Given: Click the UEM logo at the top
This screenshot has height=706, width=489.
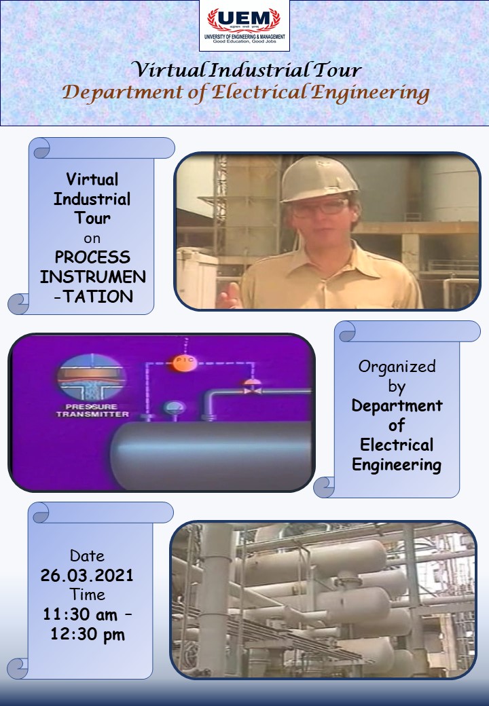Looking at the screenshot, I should point(244,25).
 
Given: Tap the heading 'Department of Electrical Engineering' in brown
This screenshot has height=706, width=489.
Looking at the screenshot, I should point(246,92).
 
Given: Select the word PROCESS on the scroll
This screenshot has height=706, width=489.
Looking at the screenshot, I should point(92,257).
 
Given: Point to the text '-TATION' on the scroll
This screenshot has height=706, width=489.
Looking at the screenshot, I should point(92,296).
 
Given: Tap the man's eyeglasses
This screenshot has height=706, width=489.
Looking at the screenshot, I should point(319,207).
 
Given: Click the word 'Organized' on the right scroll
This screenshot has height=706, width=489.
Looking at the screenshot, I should point(397,367).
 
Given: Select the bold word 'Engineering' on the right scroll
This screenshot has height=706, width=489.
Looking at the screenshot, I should point(397,465).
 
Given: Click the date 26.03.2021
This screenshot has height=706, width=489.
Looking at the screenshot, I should point(87,576).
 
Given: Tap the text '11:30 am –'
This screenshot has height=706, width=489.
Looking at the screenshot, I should point(87,614).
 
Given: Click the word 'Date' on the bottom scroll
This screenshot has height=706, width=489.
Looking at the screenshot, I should point(87,556).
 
